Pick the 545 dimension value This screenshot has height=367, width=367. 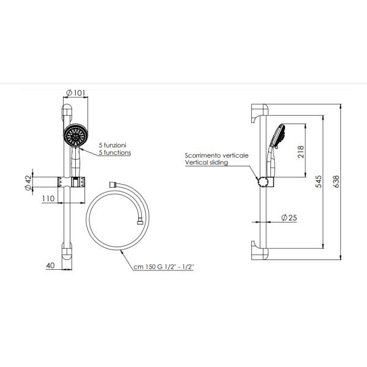[x=318, y=182]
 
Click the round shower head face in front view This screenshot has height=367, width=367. [x=76, y=135]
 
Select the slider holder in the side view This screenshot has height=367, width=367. [x=264, y=182]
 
